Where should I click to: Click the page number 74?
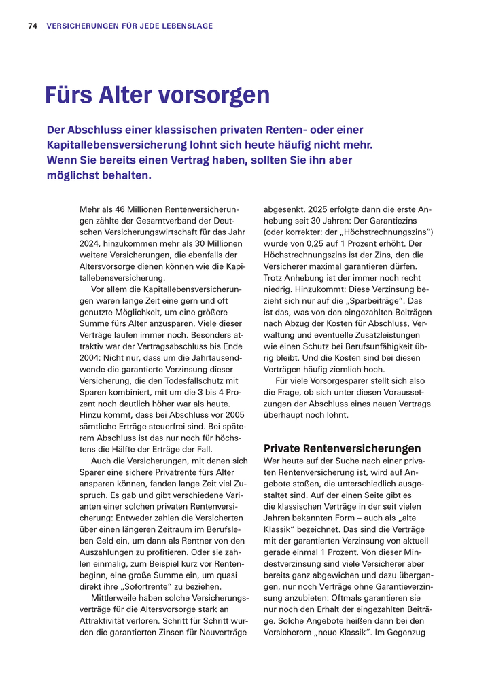(x=32, y=26)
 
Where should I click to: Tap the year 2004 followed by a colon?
(x=92, y=358)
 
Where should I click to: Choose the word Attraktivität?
(x=104, y=621)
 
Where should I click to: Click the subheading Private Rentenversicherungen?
(x=342, y=448)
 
